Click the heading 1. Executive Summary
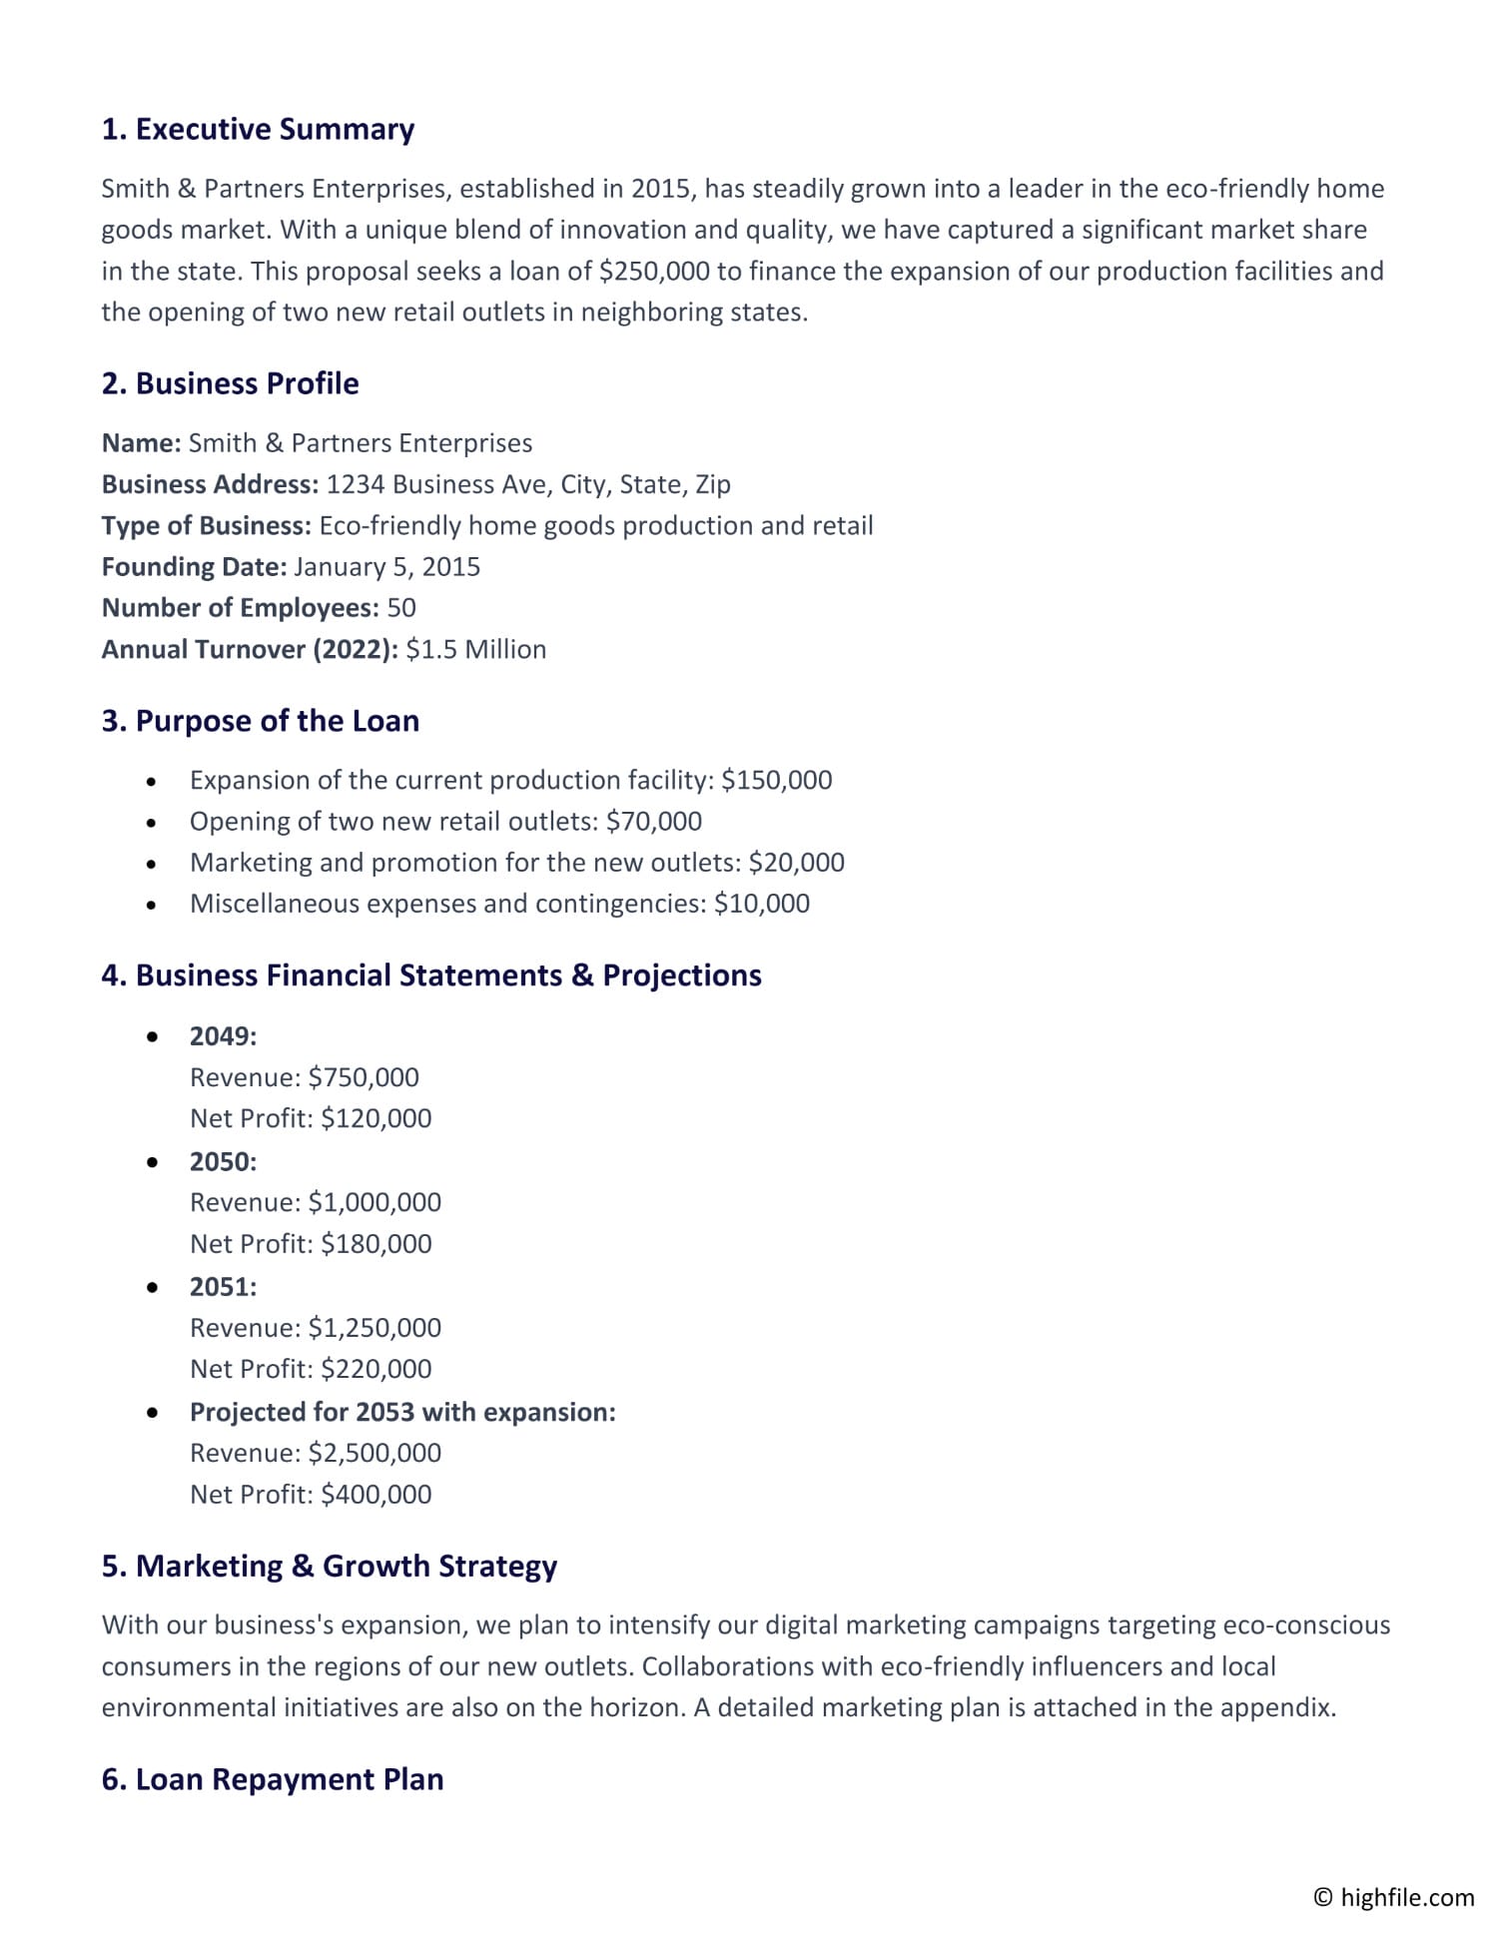tap(258, 129)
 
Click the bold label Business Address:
tap(210, 484)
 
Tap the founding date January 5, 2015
tap(386, 566)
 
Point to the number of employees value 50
tap(400, 607)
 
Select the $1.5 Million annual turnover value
tap(475, 649)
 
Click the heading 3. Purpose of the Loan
tap(260, 720)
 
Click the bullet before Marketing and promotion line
tap(151, 864)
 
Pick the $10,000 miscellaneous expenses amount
tap(761, 904)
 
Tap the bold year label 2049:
tap(223, 1035)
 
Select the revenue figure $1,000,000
tap(374, 1202)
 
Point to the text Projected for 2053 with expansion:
tap(402, 1412)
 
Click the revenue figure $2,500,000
tap(374, 1453)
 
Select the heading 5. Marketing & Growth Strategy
tap(329, 1566)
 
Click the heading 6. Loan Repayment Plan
tap(272, 1779)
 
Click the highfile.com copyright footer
tap(1393, 1897)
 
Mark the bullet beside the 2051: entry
tap(152, 1288)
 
